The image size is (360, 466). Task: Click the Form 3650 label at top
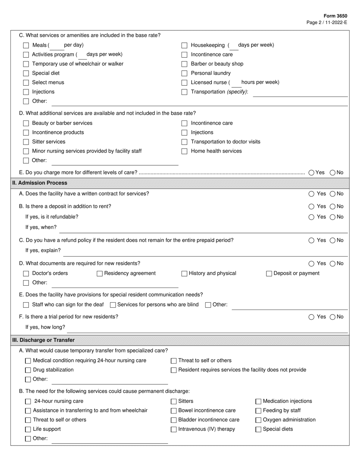pyautogui.click(x=335, y=16)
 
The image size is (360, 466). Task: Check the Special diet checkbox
pyautogui.click(x=26, y=73)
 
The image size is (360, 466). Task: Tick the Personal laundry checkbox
pyautogui.click(x=184, y=73)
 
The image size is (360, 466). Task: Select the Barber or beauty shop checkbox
pyautogui.click(x=184, y=64)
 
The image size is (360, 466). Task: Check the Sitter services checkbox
pyautogui.click(x=26, y=142)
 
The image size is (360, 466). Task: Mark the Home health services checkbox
pyautogui.click(x=184, y=151)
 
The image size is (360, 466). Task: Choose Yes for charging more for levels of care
pyautogui.click(x=311, y=173)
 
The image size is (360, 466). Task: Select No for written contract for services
pyautogui.click(x=332, y=194)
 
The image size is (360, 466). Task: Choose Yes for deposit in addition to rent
pyautogui.click(x=311, y=207)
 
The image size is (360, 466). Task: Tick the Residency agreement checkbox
pyautogui.click(x=100, y=274)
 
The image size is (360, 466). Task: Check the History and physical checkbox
pyautogui.click(x=184, y=274)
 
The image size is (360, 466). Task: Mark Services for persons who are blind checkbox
pyautogui.click(x=113, y=305)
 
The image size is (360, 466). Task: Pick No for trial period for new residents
pyautogui.click(x=332, y=317)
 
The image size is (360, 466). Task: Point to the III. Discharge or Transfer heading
pyautogui.click(x=43, y=340)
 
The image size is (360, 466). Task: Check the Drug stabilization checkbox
pyautogui.click(x=28, y=370)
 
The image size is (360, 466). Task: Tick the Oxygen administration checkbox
pyautogui.click(x=258, y=420)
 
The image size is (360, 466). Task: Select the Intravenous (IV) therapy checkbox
pyautogui.click(x=174, y=430)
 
